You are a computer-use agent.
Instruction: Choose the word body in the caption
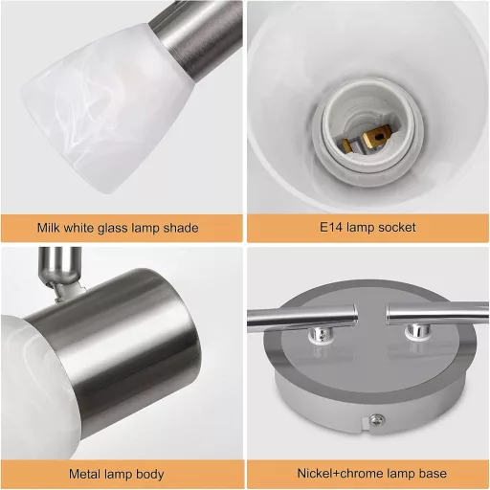[x=150, y=475]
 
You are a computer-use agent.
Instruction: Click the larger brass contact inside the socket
[x=377, y=137]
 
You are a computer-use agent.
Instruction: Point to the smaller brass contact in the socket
[x=347, y=145]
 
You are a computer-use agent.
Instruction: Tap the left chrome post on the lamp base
[x=321, y=334]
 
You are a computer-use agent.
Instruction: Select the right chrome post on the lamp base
[x=418, y=331]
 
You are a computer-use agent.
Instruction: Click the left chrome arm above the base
[x=301, y=317]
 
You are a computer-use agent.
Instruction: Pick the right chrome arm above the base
[x=437, y=314]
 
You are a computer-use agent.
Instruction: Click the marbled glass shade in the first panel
[x=105, y=108]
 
